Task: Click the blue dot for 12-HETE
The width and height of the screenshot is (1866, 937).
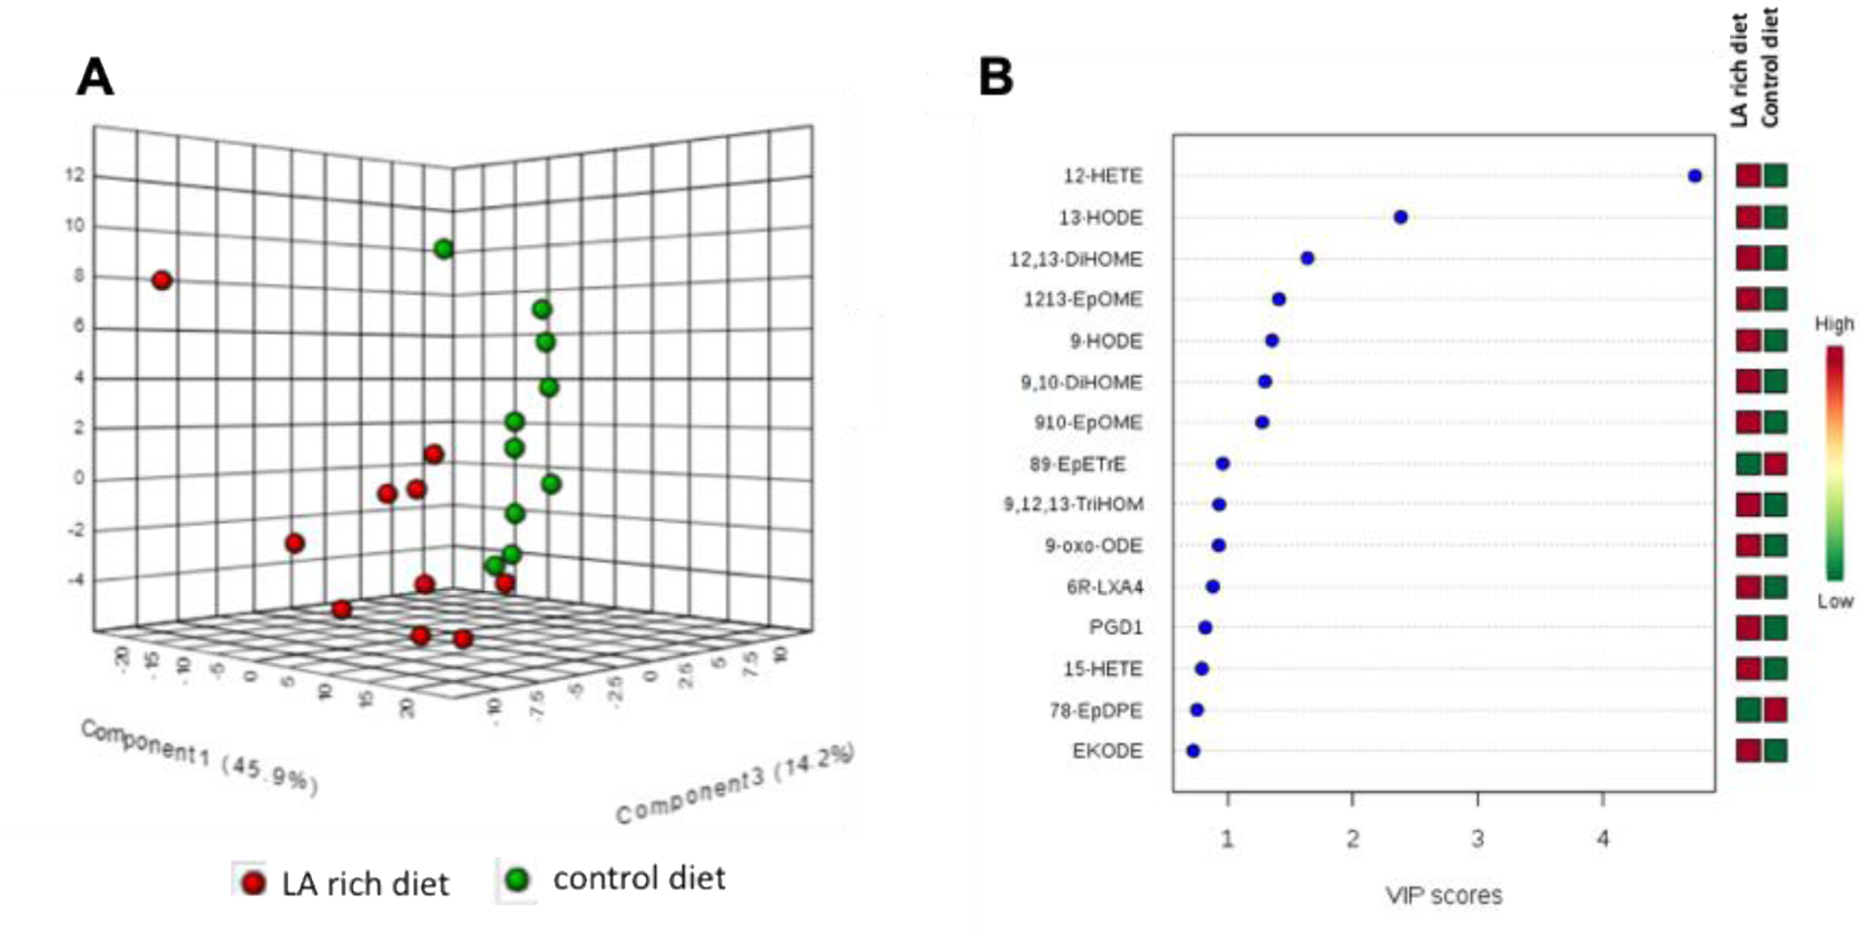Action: (x=1695, y=176)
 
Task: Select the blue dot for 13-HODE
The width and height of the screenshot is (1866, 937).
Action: (x=1400, y=217)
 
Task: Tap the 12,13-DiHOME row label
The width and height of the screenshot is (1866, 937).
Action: (x=1076, y=260)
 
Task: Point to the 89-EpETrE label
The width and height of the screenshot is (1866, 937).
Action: (x=1077, y=465)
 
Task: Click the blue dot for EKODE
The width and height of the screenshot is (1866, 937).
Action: (x=1193, y=750)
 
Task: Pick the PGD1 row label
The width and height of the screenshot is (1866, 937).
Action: (x=1116, y=628)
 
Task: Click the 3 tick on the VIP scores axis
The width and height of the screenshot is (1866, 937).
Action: (x=1477, y=839)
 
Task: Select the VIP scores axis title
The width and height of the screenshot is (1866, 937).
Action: (x=1443, y=895)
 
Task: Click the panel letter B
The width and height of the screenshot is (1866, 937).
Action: (x=996, y=77)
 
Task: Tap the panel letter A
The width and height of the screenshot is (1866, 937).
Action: (x=94, y=77)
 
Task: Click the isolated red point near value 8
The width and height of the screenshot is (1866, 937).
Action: (x=162, y=281)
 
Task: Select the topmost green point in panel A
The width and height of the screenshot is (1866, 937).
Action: (x=444, y=249)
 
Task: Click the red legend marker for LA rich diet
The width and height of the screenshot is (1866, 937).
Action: (x=254, y=883)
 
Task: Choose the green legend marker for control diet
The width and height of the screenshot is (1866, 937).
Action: (x=517, y=880)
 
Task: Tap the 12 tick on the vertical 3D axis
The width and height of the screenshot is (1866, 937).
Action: (x=75, y=176)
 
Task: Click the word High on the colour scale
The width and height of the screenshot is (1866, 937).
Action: (x=1834, y=324)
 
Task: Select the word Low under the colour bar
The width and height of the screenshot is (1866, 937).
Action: (x=1835, y=602)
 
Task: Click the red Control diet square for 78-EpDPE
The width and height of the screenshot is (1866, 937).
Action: (x=1776, y=710)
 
